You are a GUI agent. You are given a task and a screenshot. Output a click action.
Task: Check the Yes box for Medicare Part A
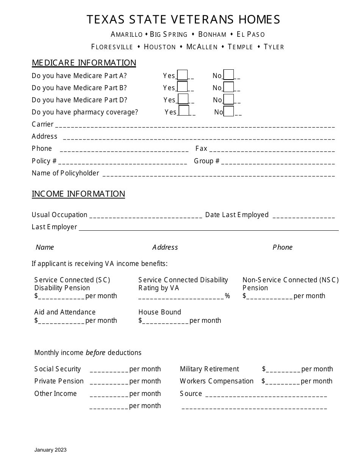(x=182, y=75)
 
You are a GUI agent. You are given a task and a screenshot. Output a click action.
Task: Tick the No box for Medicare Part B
(x=229, y=88)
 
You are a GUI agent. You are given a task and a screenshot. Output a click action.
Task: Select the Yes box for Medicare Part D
(x=183, y=99)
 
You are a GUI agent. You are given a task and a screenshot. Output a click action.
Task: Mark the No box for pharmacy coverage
(x=229, y=111)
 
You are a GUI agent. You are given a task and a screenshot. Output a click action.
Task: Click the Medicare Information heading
(x=84, y=63)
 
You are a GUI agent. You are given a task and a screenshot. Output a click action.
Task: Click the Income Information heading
(x=78, y=194)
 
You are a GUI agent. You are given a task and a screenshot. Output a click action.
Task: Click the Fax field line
(x=272, y=150)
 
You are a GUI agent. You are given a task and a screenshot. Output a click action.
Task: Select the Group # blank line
(x=278, y=162)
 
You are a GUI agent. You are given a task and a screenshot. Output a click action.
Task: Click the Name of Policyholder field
(x=219, y=174)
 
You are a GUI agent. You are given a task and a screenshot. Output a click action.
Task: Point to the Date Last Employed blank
(x=304, y=216)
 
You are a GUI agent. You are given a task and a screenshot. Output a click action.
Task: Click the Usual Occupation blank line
(x=146, y=216)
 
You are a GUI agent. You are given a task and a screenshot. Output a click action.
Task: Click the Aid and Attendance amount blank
(x=61, y=321)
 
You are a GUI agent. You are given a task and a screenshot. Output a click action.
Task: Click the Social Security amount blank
(x=109, y=370)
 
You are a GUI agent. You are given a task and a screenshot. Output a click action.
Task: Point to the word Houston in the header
(x=160, y=47)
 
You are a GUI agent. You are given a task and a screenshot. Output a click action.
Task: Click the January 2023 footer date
(x=50, y=450)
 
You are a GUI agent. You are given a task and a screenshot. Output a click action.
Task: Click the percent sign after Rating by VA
(x=227, y=296)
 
